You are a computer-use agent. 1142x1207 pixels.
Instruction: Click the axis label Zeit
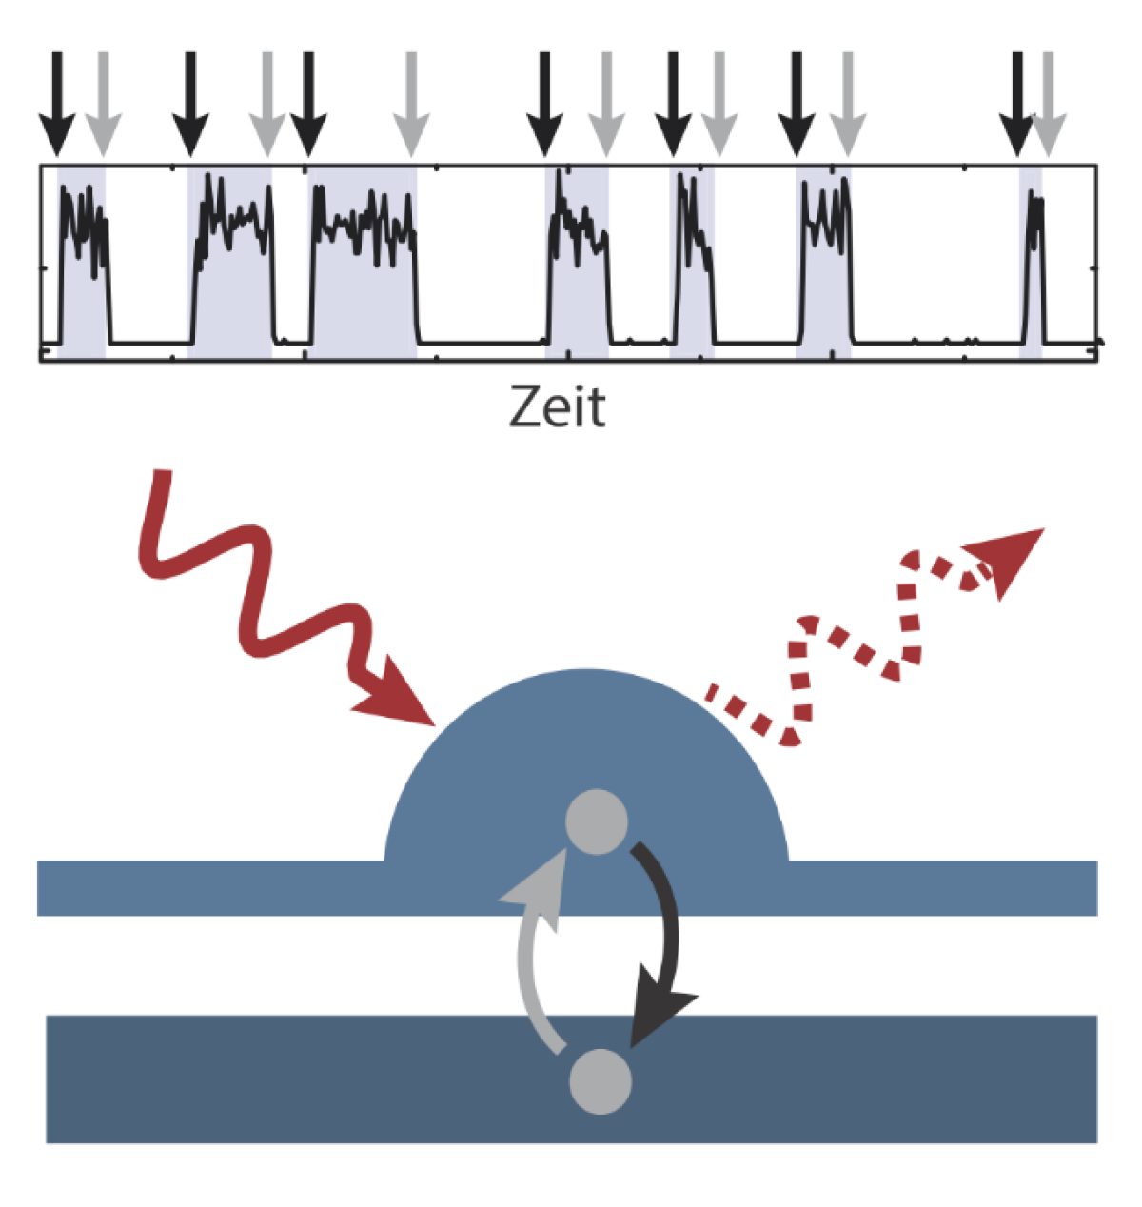coord(557,407)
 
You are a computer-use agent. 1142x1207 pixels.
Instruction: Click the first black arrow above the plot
coord(57,105)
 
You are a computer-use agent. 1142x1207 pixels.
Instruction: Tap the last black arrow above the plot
coord(1018,105)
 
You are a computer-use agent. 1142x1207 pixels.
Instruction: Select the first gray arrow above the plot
coord(103,105)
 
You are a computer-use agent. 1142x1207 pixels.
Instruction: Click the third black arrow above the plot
coord(307,105)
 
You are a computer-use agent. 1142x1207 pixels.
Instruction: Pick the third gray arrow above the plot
coord(411,105)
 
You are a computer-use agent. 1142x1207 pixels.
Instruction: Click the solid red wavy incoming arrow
coord(276,609)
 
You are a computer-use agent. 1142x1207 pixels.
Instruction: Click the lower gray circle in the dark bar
coord(600,1080)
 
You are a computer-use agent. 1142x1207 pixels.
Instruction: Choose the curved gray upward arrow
coord(533,952)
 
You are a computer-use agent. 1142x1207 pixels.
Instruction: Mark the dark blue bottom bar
coord(285,1080)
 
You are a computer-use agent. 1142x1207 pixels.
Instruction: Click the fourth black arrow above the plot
coord(544,105)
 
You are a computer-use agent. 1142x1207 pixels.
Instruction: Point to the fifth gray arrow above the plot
coord(719,105)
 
